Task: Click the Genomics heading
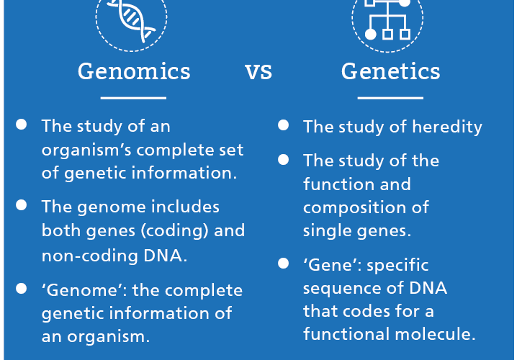pos(134,71)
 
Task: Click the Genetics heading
pos(391,71)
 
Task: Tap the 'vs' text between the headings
pos(258,72)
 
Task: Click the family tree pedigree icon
pos(387,19)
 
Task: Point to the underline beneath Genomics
pos(133,98)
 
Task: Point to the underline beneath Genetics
pos(390,98)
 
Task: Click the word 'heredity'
pos(447,127)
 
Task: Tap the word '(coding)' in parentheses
pos(174,231)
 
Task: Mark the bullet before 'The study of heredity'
pos(283,125)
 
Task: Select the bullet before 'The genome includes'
pos(21,205)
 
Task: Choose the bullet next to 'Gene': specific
pos(283,264)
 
